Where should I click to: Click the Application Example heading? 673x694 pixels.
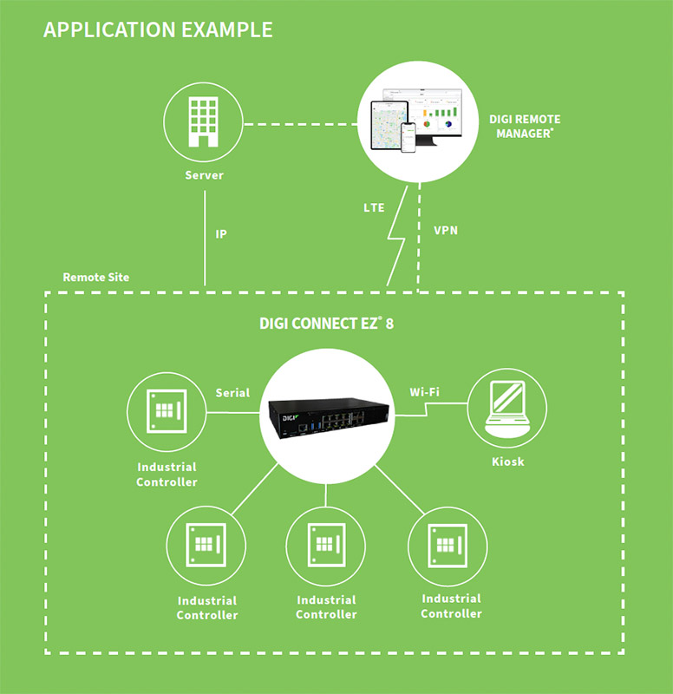pos(158,29)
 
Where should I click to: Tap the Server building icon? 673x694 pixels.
pos(204,121)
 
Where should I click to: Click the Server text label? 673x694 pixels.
pos(204,175)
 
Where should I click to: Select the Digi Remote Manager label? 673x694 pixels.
pos(526,127)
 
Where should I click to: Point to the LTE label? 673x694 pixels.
pos(374,208)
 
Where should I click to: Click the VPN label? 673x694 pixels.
pos(447,231)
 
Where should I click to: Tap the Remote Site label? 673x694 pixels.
pos(95,278)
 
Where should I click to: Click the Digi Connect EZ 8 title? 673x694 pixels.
pos(333,324)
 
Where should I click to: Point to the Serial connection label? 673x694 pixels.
pos(232,392)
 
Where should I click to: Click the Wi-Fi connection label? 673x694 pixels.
pos(424,392)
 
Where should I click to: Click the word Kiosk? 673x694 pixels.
pos(506,462)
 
